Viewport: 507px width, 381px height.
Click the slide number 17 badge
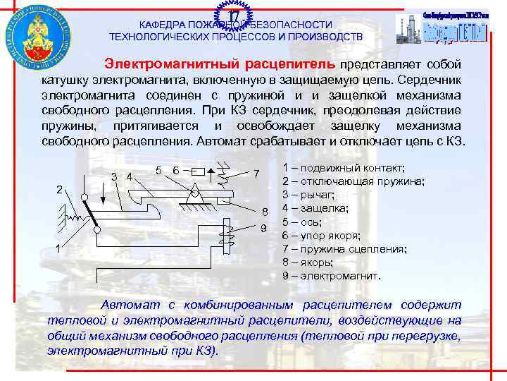click(x=234, y=14)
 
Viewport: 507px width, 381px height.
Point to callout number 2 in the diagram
click(x=61, y=188)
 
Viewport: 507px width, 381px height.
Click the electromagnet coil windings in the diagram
click(x=224, y=231)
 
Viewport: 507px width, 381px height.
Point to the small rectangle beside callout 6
click(x=198, y=171)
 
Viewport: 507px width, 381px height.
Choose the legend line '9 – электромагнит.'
click(x=331, y=276)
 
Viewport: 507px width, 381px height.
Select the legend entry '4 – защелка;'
click(x=315, y=208)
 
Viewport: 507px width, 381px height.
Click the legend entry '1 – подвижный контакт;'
click(x=343, y=168)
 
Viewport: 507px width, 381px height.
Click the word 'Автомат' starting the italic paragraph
click(x=130, y=305)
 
